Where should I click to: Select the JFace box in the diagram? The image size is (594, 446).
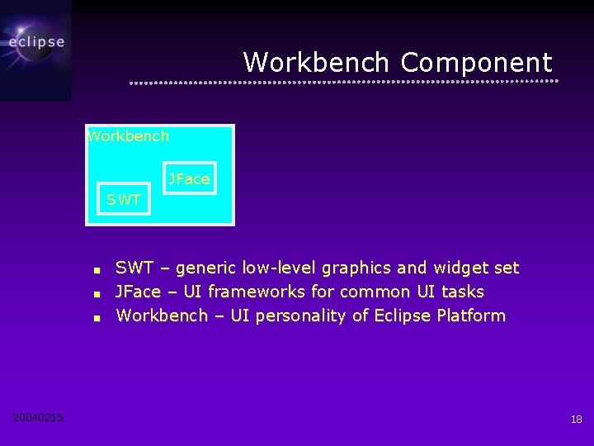189,178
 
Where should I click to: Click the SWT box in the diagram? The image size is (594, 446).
124,199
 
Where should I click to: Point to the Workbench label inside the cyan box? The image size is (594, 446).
128,136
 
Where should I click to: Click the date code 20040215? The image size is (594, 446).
38,418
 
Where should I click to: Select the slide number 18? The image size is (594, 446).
576,420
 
